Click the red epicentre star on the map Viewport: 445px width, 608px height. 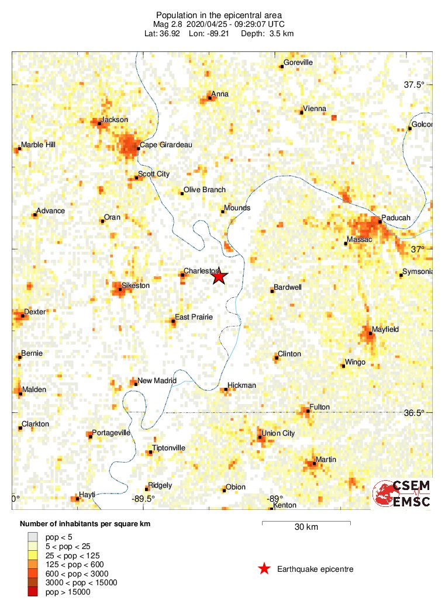(219, 276)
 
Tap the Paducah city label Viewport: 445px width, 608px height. (396, 217)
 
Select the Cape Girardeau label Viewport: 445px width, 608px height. (166, 144)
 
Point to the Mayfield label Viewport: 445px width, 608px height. (385, 329)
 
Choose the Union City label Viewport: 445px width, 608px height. (278, 433)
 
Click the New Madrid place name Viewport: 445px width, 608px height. (157, 381)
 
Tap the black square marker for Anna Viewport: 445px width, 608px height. (210, 98)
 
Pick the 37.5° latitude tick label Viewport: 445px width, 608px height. (414, 85)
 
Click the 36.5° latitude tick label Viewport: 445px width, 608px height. (414, 412)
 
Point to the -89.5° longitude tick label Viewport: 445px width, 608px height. (143, 498)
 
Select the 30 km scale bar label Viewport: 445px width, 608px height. (306, 527)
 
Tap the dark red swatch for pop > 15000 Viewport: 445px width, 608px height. (33, 592)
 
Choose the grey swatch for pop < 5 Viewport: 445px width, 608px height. (33, 536)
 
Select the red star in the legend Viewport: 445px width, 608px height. (264, 569)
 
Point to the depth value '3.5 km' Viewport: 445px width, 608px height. (282, 33)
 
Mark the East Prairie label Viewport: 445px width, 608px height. (195, 317)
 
